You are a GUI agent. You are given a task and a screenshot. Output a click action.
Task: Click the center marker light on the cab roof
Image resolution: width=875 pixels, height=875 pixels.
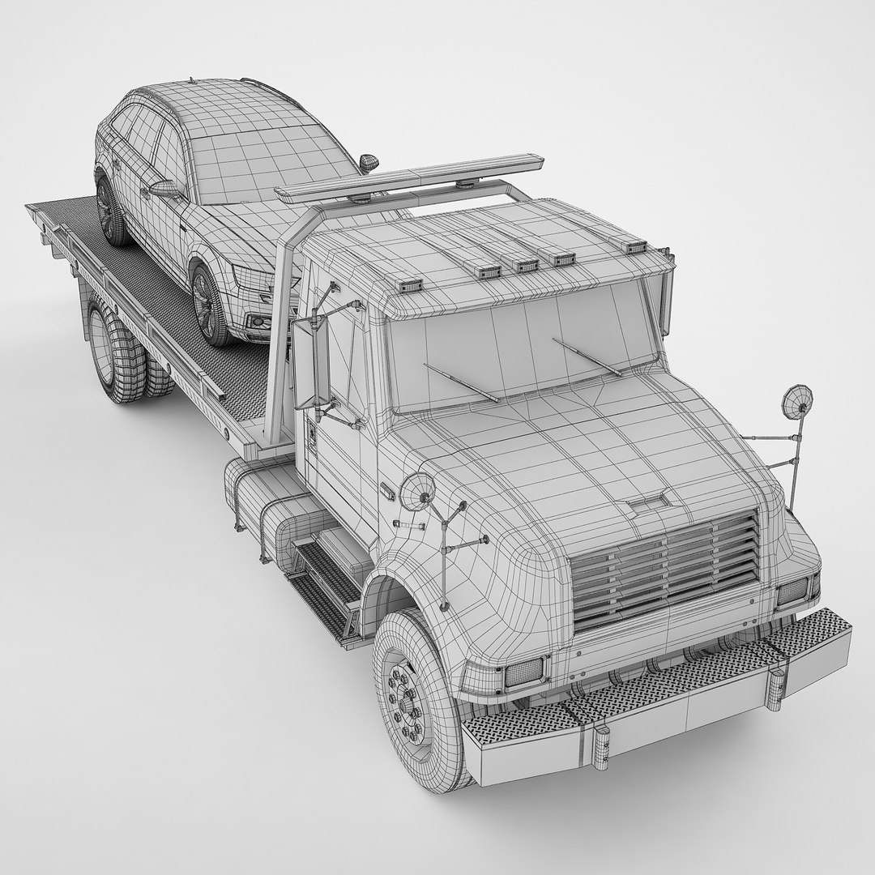[526, 265]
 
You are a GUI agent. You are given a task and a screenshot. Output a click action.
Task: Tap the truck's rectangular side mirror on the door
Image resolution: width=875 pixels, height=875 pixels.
[310, 363]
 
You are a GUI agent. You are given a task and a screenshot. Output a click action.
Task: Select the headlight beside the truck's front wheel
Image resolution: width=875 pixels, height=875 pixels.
[523, 672]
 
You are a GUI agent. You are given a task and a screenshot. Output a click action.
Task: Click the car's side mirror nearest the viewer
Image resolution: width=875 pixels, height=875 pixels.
[164, 189]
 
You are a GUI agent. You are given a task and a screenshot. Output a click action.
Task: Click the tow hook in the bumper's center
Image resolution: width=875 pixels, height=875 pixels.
[601, 745]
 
